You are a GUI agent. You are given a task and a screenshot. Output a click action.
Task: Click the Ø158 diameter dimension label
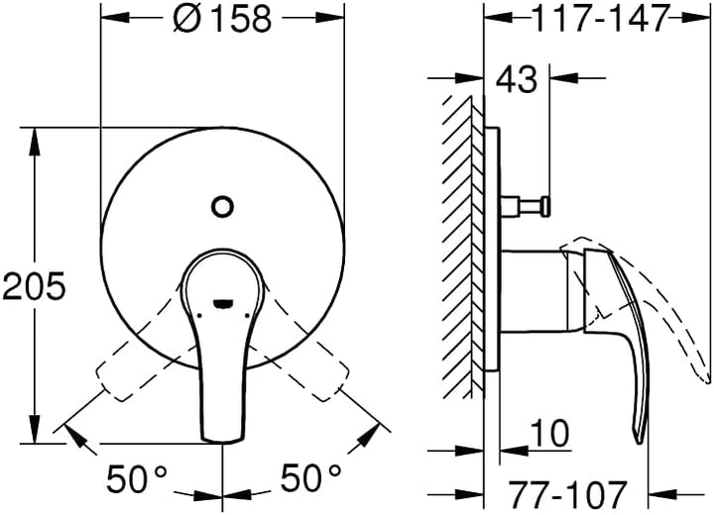point(222,19)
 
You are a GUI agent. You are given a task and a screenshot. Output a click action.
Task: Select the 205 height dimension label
point(33,287)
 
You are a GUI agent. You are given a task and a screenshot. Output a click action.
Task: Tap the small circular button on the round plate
point(223,207)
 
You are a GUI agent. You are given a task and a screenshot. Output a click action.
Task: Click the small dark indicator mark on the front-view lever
point(223,303)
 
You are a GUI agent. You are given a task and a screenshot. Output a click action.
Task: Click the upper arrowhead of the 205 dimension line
point(37,135)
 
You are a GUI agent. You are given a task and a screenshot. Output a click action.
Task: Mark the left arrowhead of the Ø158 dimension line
point(109,18)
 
